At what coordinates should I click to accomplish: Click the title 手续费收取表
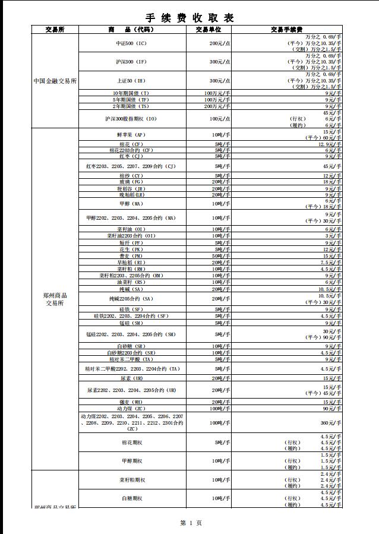(190, 18)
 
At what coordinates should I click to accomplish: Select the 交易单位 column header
(208, 29)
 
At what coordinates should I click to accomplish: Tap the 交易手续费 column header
(286, 29)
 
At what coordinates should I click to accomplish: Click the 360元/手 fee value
(333, 422)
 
